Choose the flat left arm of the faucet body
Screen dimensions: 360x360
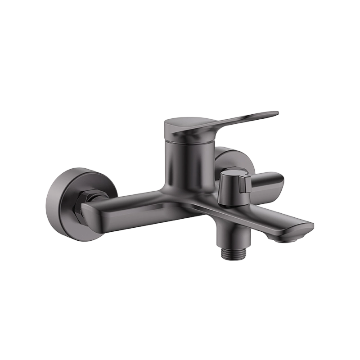(130, 205)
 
